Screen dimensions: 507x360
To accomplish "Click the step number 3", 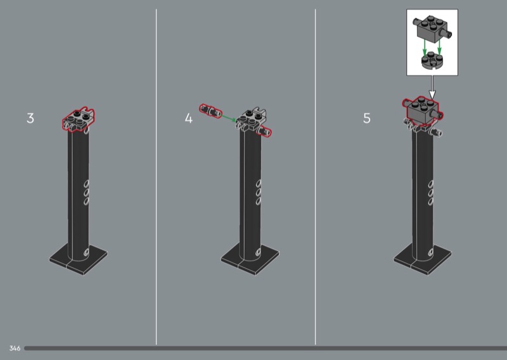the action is [30, 119].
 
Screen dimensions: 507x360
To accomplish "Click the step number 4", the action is [188, 119].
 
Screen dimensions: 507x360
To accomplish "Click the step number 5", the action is [367, 119].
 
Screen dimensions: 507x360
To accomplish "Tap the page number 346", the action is [15, 349].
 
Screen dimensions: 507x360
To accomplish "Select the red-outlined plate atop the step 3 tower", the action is [79, 119].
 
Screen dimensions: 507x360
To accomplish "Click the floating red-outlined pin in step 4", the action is [210, 111].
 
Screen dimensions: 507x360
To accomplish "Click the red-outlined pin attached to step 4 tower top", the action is [264, 131].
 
